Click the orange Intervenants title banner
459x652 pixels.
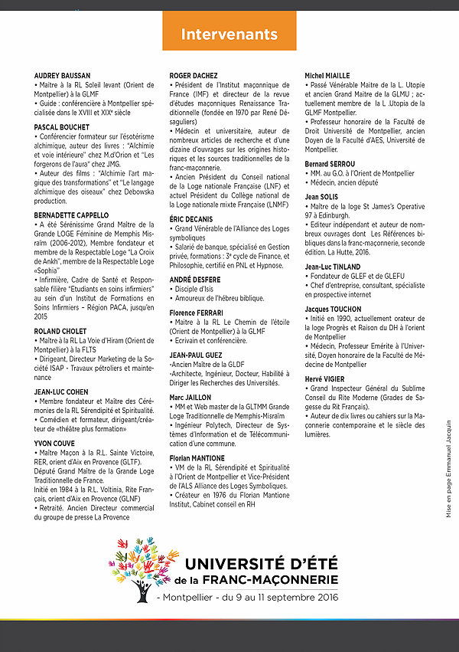pyautogui.click(x=229, y=34)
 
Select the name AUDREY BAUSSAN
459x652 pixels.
pyautogui.click(x=63, y=75)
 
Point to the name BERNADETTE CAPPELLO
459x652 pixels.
pyautogui.click(x=72, y=215)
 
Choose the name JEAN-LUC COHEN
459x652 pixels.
pyautogui.click(x=62, y=392)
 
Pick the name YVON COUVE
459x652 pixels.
pyautogui.click(x=54, y=442)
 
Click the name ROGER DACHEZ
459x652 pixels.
pyautogui.click(x=194, y=75)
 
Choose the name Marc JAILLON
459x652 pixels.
pyautogui.click(x=191, y=398)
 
